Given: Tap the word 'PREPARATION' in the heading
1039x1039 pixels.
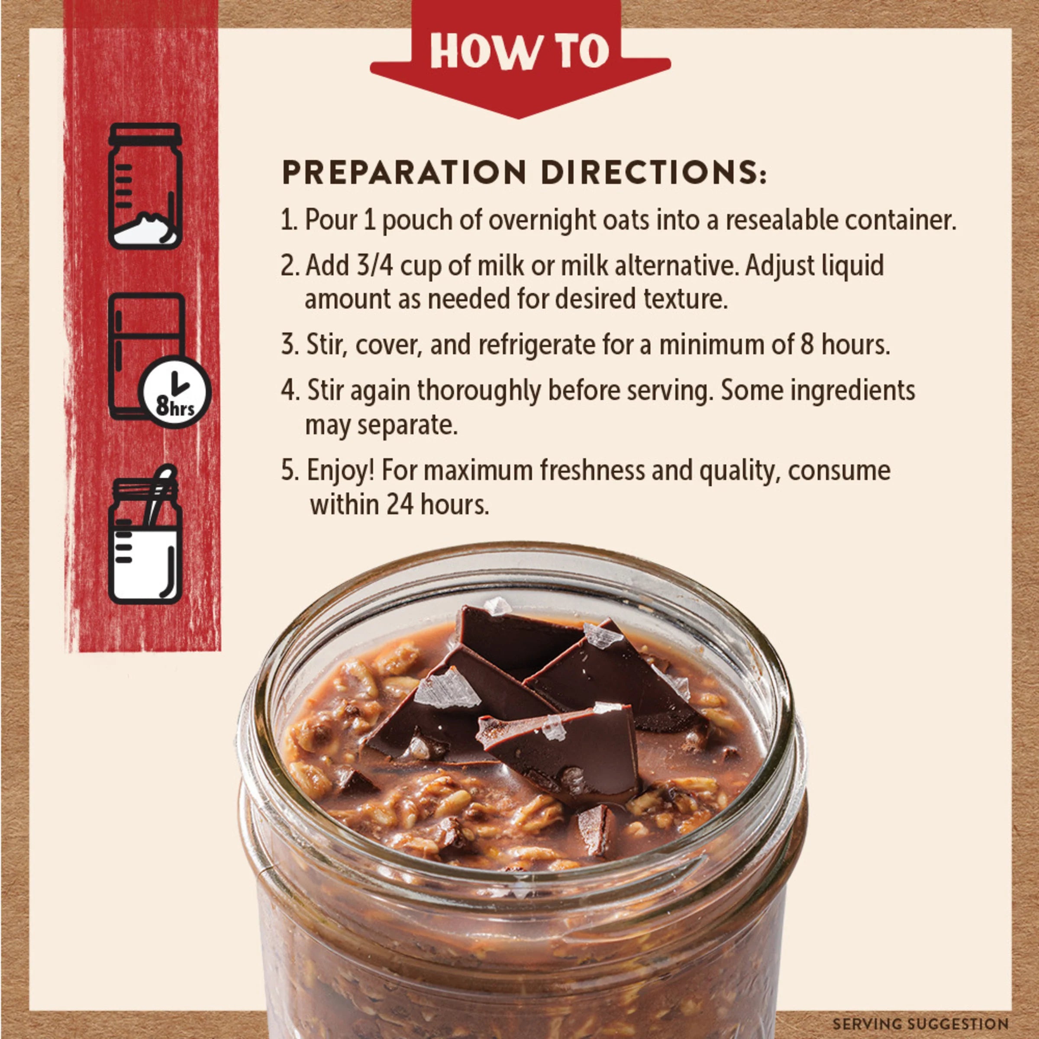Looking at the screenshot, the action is pyautogui.click(x=404, y=173).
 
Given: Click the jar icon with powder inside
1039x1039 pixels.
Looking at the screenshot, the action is pyautogui.click(x=145, y=186).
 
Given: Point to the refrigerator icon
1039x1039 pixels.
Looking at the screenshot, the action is pyautogui.click(x=146, y=355).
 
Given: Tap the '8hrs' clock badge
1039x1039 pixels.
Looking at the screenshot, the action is pyautogui.click(x=174, y=391).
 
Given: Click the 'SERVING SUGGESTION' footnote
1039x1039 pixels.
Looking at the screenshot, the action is pyautogui.click(x=920, y=1023).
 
